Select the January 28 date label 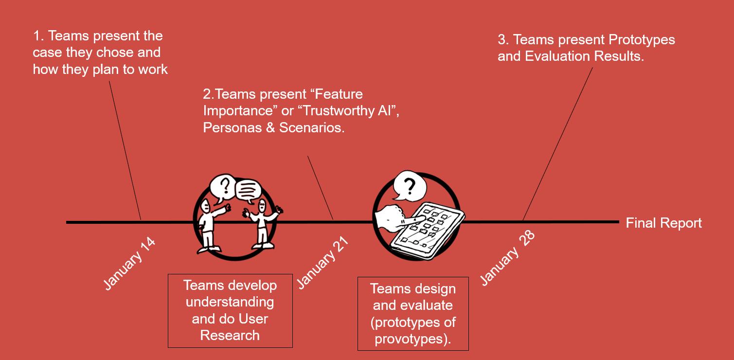(x=507, y=257)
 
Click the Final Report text (x=663, y=223)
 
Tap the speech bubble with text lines (x=249, y=191)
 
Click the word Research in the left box (x=230, y=335)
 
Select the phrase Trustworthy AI (x=351, y=110)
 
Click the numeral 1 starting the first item (x=36, y=36)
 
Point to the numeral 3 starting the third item (x=502, y=40)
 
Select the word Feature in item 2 (x=340, y=93)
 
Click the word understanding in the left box (x=230, y=302)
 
